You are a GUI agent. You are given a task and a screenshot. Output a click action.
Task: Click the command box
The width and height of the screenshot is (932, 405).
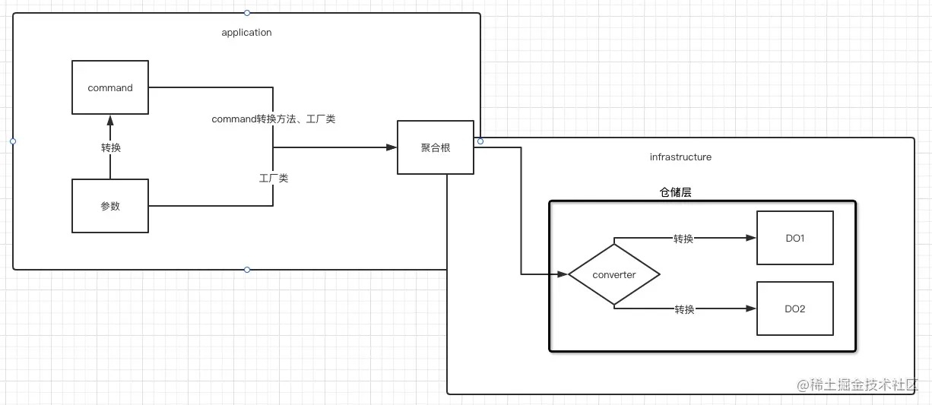click(109, 88)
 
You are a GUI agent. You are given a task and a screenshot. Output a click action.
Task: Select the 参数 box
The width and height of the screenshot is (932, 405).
click(109, 206)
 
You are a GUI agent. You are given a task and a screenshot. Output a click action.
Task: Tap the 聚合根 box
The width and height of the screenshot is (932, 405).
click(436, 147)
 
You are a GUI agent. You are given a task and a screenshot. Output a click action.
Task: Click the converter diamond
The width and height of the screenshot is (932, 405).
click(613, 275)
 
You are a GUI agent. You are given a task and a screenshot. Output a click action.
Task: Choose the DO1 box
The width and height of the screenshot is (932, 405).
click(794, 238)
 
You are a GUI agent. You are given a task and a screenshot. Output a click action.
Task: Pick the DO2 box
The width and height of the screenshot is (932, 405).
click(794, 308)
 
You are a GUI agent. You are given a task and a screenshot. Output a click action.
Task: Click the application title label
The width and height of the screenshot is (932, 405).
click(246, 33)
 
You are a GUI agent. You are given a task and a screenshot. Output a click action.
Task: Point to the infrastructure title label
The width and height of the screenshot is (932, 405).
click(680, 157)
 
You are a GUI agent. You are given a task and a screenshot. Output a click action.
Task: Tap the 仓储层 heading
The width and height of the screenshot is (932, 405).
click(675, 193)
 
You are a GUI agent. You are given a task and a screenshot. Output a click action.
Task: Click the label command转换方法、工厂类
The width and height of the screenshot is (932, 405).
click(273, 119)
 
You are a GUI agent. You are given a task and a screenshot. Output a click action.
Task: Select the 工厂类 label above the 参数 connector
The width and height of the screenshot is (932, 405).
click(273, 178)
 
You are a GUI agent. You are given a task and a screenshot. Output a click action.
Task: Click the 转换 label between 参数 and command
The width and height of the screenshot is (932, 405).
click(110, 147)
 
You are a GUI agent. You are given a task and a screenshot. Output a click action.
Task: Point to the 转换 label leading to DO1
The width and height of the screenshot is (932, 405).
click(683, 239)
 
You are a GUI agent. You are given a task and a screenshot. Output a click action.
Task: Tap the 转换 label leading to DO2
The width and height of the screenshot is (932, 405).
click(684, 309)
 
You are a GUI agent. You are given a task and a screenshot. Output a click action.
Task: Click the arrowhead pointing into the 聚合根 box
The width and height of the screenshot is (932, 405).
click(392, 147)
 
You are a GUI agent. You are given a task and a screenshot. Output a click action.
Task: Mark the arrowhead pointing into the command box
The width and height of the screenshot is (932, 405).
click(110, 120)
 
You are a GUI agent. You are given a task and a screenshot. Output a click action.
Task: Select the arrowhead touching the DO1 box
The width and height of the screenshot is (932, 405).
click(752, 238)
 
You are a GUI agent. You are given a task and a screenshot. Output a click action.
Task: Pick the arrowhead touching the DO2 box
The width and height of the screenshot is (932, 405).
click(752, 308)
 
